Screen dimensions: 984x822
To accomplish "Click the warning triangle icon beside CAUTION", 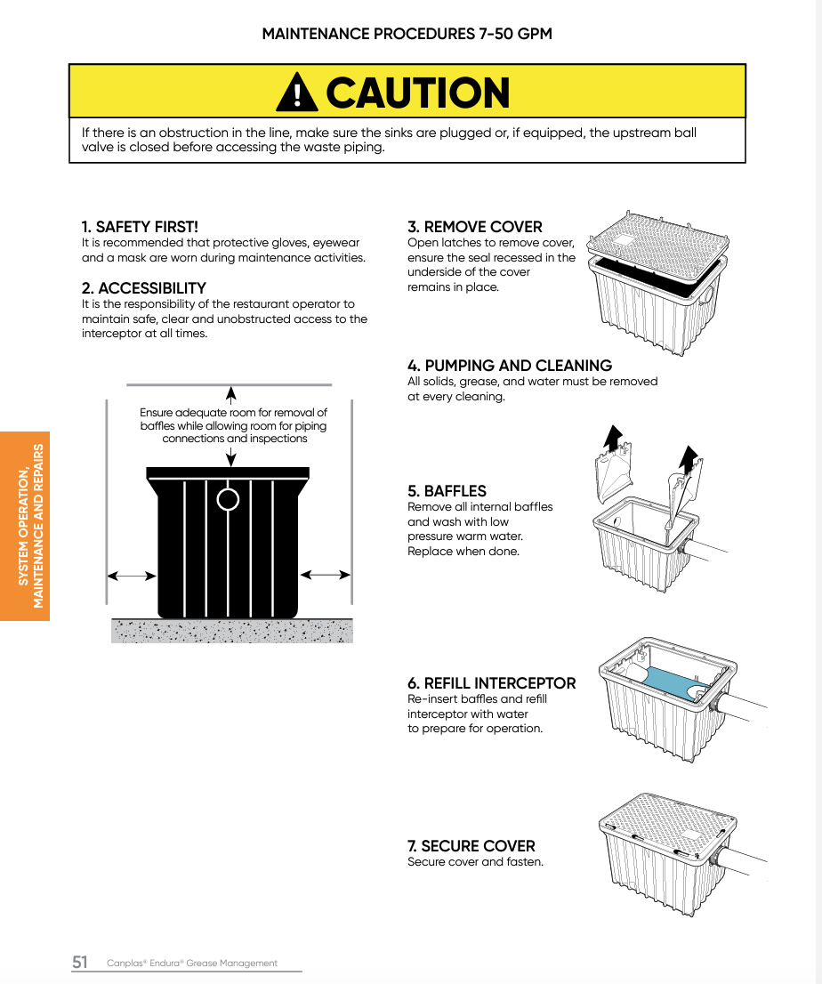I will [296, 92].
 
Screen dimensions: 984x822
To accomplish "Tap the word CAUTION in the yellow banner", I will [418, 93].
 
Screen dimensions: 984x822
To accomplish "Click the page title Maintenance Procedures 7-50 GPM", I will [407, 34].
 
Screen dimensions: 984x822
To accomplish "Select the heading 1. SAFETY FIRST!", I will [140, 227].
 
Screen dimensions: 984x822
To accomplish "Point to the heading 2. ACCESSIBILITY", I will [143, 288].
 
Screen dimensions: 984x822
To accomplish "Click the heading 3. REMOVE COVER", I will [474, 227].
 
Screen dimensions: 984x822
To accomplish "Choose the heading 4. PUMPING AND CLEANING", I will [509, 366].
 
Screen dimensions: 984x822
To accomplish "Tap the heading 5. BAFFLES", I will [447, 491].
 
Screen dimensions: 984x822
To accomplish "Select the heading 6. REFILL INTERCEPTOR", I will [491, 683].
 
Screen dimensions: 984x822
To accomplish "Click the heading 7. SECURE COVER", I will [471, 846].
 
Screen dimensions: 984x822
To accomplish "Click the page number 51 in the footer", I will [80, 962].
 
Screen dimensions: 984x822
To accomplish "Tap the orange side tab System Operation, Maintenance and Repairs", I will [25, 526].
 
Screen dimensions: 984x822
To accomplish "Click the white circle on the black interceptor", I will [229, 499].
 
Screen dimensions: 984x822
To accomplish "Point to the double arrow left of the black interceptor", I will [132, 576].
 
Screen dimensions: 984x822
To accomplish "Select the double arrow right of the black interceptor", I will [326, 575].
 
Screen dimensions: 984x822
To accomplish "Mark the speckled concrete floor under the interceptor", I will [231, 631].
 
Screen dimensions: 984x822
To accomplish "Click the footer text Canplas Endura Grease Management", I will [192, 963].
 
